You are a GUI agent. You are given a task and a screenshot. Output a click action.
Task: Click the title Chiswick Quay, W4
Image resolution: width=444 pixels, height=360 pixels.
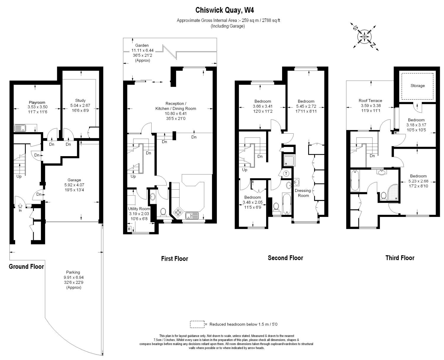tap(224, 10)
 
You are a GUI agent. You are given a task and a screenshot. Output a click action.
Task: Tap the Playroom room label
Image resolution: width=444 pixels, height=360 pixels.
tap(37, 102)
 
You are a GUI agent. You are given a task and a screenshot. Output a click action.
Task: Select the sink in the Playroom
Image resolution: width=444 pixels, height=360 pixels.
tap(20, 128)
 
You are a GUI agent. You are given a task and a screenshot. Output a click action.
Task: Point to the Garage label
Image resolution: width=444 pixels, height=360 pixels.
tap(74, 180)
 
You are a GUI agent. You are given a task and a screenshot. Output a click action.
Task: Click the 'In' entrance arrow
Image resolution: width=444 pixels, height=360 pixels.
tap(20, 206)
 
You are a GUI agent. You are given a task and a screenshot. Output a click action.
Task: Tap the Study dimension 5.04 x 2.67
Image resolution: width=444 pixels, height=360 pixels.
tap(80, 105)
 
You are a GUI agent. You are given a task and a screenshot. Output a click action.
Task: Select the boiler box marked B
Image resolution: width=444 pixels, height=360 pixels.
tap(129, 229)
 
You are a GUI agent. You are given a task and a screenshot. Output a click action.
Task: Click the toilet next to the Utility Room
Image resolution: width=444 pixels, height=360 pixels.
tap(163, 212)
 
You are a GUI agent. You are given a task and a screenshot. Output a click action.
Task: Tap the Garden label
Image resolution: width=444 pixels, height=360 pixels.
tap(142, 45)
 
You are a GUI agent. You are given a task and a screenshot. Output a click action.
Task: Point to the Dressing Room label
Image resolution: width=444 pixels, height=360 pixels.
tap(303, 193)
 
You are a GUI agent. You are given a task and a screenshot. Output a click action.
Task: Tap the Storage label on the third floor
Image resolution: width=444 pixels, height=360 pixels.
tap(418, 86)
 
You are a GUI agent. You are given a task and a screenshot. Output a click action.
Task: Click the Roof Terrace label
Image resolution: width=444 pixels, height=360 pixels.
tap(370, 100)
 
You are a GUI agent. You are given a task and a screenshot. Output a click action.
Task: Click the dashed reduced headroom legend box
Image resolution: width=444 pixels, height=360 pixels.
tap(197, 324)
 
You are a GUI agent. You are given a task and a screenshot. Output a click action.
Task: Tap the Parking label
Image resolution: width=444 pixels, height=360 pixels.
tap(73, 272)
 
